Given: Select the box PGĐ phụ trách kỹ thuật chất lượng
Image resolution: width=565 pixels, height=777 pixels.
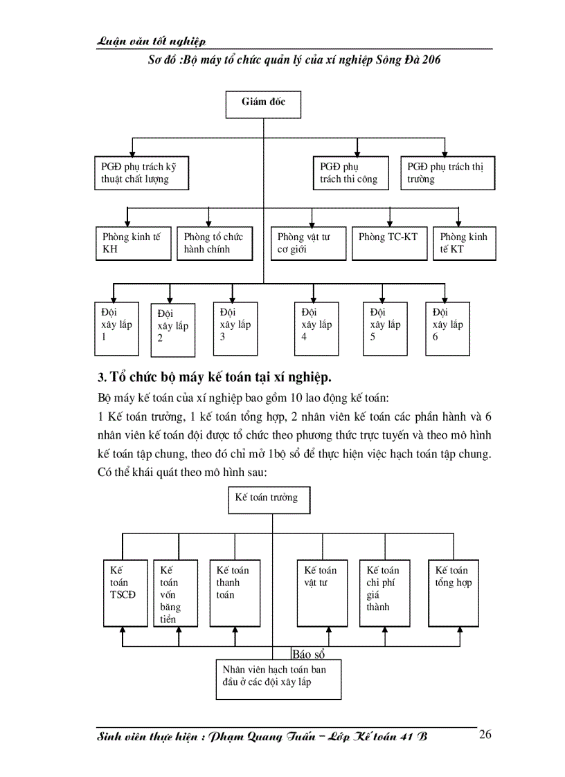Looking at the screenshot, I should [141, 173].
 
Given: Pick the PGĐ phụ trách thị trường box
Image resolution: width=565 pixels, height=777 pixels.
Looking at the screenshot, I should [448, 173].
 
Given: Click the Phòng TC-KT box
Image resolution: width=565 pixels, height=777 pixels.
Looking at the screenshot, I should [388, 243].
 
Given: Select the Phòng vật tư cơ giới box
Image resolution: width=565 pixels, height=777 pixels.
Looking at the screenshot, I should [308, 243].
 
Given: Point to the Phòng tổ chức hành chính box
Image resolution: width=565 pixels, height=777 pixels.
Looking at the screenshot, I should [214, 243].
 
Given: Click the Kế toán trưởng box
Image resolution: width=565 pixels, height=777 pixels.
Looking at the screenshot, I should [269, 500].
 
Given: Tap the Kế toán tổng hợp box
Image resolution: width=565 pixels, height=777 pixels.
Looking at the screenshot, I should [453, 592].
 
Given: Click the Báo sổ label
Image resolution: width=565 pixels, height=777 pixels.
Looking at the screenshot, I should [309, 654].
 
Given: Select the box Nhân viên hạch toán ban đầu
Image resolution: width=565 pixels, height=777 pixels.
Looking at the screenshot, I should [278, 679].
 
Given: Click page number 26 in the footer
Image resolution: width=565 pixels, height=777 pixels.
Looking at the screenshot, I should [485, 735].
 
